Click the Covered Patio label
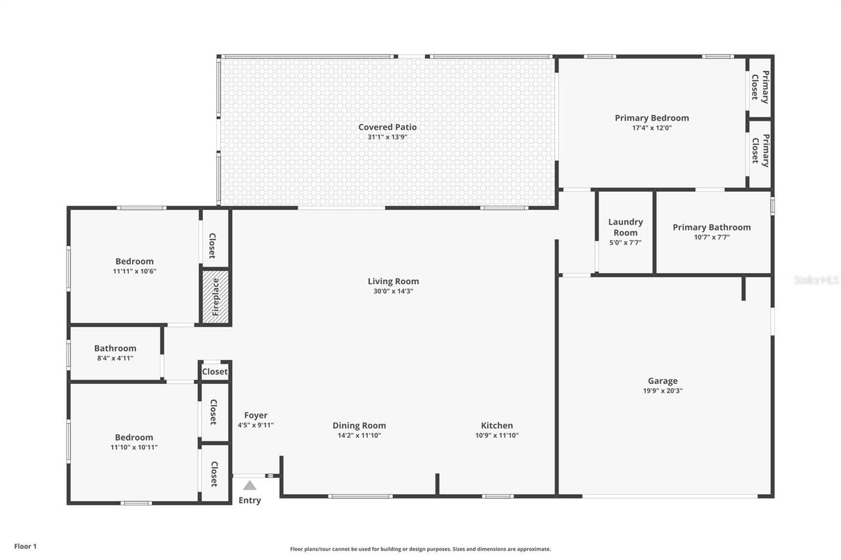(387, 127)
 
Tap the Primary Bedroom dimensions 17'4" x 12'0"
(652, 128)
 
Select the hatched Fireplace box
(216, 297)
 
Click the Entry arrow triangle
(250, 486)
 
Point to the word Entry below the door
(250, 500)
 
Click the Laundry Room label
(625, 227)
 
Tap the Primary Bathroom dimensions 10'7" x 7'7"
(712, 238)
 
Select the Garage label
(662, 381)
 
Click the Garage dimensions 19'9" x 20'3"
(662, 391)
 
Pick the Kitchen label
(497, 425)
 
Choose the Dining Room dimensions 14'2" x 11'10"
(359, 435)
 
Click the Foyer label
(256, 415)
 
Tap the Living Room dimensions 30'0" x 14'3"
(393, 291)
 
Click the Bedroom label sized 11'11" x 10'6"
(135, 261)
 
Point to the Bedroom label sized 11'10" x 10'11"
(134, 437)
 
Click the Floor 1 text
(26, 546)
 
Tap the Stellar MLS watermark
(816, 280)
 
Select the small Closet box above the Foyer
(215, 372)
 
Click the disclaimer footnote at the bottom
(420, 549)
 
